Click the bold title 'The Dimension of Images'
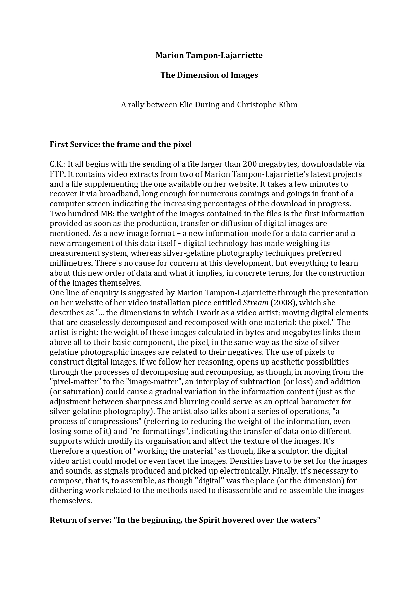[209, 75]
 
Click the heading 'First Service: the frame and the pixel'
[121, 144]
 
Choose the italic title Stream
[256, 303]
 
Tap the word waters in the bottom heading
[304, 520]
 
